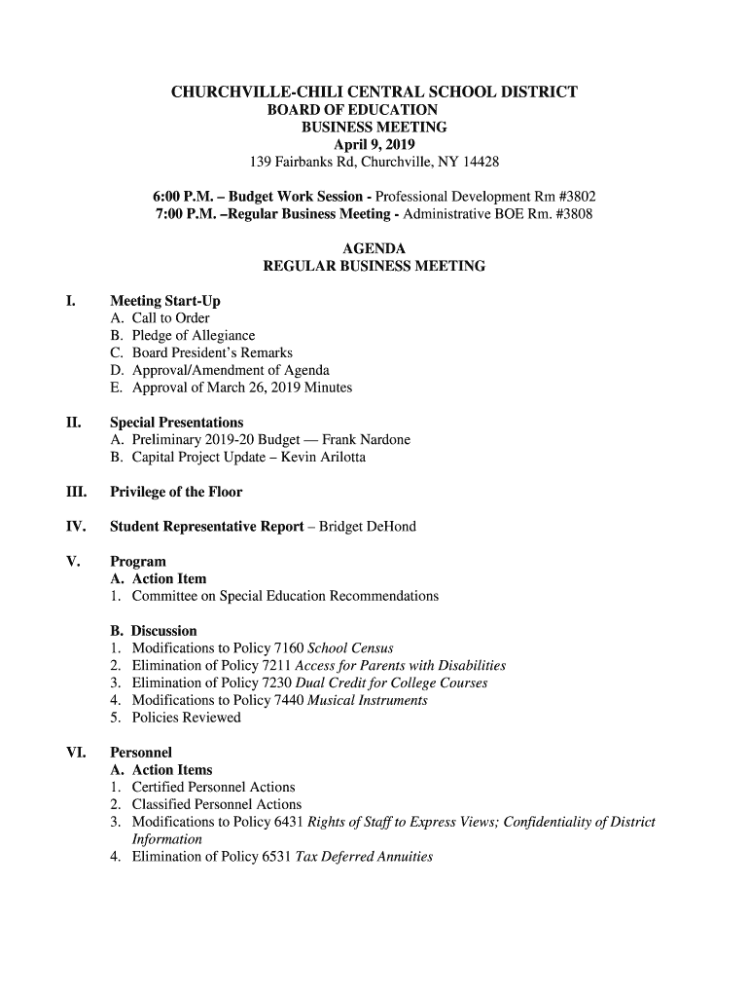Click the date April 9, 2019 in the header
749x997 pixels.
coord(374,144)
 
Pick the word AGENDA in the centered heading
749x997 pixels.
coord(374,249)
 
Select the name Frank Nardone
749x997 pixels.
coord(365,440)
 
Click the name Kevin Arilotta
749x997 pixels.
coord(323,458)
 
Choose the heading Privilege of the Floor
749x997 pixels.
coord(176,492)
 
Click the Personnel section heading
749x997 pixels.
coord(141,753)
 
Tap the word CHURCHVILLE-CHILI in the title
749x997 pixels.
coord(256,92)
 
